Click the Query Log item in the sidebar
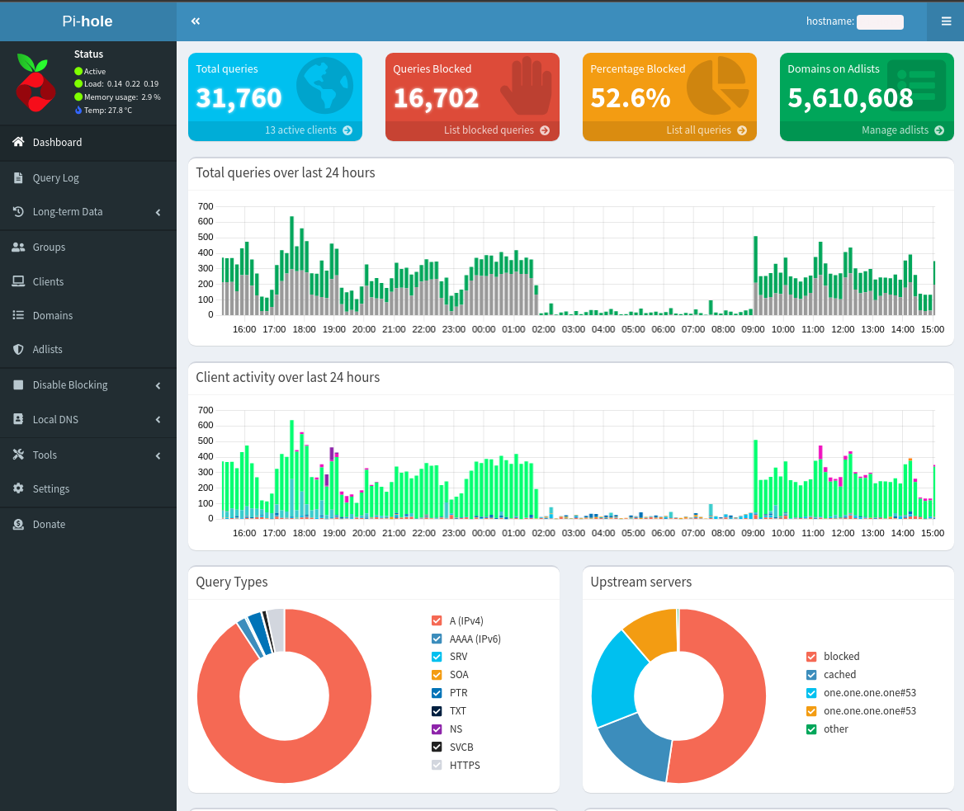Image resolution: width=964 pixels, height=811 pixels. [x=55, y=178]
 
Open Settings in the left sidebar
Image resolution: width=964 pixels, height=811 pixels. [x=50, y=489]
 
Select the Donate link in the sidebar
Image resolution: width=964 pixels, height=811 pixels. [x=49, y=525]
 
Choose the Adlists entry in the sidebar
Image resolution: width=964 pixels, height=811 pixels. [x=47, y=350]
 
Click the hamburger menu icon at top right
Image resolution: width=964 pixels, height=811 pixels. [x=946, y=21]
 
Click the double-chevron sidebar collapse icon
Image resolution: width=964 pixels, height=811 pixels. [x=196, y=21]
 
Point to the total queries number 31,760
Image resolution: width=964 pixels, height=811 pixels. [x=239, y=98]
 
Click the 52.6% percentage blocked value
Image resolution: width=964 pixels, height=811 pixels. [x=631, y=98]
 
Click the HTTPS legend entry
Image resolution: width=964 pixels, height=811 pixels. [x=464, y=766]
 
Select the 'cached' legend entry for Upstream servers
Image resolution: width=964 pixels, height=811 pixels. [x=839, y=675]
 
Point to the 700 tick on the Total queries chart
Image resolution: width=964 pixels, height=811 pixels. [x=206, y=206]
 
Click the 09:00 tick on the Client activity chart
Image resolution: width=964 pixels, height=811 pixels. [x=753, y=533]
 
